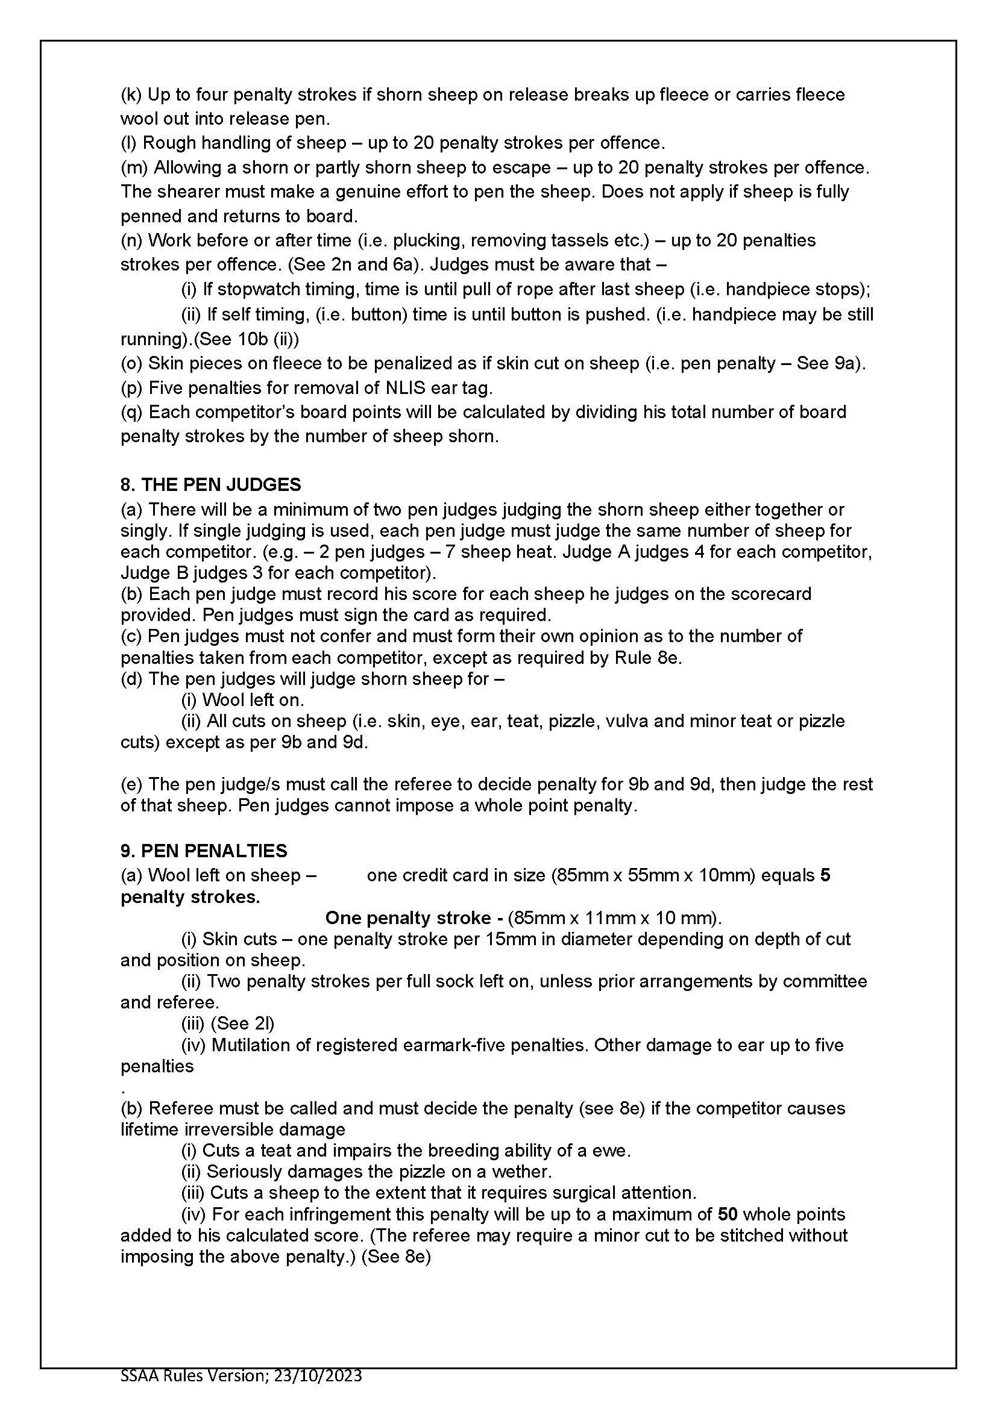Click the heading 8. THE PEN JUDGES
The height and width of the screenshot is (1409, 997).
pos(210,485)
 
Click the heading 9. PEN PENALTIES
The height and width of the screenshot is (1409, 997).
pos(204,851)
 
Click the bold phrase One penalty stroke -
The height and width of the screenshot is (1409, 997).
pos(408,917)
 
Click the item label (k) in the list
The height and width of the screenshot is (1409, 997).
pos(131,95)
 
